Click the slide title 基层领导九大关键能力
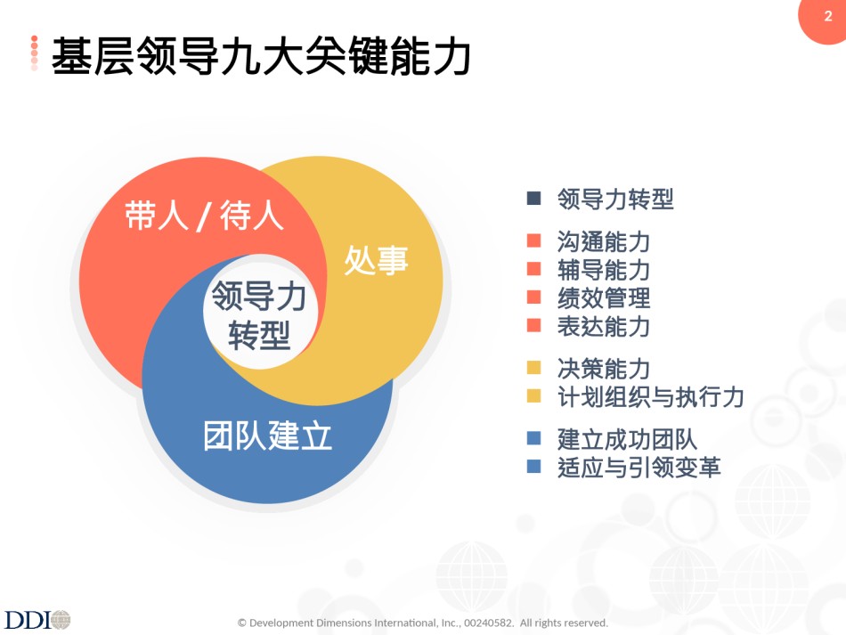261,55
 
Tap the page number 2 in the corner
828,16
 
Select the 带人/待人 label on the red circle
204,216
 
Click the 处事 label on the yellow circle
376,260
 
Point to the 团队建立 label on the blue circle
268,436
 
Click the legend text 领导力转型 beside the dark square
615,199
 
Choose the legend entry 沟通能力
604,241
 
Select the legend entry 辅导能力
604,270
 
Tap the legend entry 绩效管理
604,297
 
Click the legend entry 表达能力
604,326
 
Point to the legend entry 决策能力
604,369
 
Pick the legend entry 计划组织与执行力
651,397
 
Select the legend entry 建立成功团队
628,439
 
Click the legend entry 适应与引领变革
639,468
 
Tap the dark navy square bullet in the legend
533,198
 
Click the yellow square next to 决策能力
533,368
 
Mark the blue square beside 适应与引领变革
533,466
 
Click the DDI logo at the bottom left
37,619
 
